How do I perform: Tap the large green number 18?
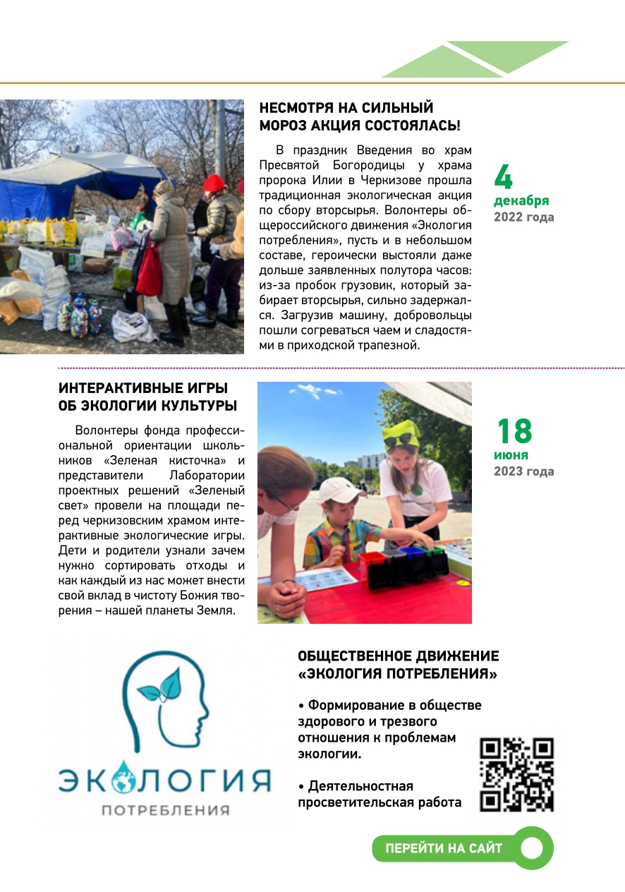(x=514, y=431)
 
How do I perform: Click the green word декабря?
(x=521, y=200)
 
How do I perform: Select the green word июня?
(x=511, y=455)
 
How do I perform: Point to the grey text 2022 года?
(x=523, y=217)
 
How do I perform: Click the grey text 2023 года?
(x=523, y=471)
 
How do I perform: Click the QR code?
(x=516, y=775)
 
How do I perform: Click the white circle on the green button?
(x=532, y=848)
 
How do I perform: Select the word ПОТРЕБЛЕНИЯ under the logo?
(x=166, y=810)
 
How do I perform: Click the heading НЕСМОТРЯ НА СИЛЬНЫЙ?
(x=346, y=109)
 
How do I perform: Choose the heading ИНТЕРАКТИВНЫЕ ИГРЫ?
(x=143, y=389)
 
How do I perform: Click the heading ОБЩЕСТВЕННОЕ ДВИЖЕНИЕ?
(x=398, y=656)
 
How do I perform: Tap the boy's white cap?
(x=338, y=489)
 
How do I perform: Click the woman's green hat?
(x=400, y=433)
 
